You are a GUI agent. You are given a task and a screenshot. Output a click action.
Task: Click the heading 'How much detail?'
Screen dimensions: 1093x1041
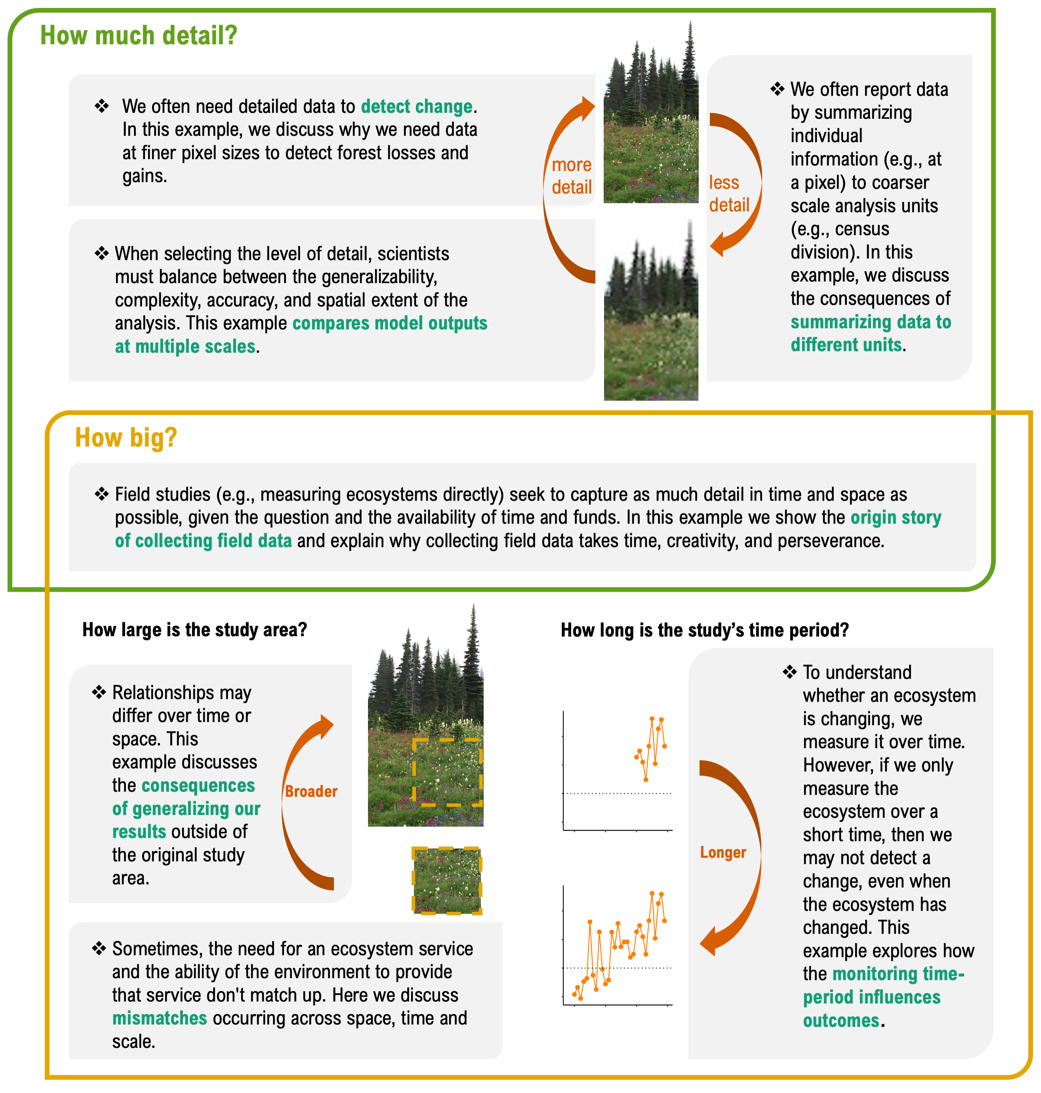tap(139, 36)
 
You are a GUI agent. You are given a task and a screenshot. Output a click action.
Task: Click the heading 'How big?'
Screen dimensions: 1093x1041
tap(126, 438)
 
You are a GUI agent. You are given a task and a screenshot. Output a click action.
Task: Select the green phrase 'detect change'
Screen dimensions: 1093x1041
tap(417, 107)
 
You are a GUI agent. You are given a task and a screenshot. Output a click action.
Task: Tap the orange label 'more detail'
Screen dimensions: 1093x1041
tap(572, 176)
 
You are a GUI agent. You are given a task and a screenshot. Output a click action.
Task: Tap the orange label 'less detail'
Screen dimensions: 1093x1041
tap(728, 194)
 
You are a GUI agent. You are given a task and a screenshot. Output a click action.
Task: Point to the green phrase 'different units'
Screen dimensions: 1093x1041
tap(846, 345)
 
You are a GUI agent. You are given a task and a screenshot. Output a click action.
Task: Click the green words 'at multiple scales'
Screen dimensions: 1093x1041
tap(185, 347)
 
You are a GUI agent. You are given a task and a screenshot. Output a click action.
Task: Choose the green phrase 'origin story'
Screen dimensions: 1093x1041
tap(896, 518)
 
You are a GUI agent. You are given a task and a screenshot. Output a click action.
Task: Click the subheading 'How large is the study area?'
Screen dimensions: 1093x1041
tap(194, 630)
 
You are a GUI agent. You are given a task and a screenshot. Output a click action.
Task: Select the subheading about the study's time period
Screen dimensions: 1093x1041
tap(704, 630)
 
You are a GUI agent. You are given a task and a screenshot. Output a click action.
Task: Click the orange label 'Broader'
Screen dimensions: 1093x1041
tap(311, 791)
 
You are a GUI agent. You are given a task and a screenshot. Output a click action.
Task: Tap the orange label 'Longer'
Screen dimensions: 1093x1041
tap(723, 852)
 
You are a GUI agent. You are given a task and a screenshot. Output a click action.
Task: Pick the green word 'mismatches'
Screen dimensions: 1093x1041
tap(159, 1019)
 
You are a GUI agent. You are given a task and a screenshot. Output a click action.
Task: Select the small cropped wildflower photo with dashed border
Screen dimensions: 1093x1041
tap(447, 880)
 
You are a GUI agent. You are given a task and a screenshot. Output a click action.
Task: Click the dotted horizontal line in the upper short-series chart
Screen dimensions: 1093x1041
tap(617, 793)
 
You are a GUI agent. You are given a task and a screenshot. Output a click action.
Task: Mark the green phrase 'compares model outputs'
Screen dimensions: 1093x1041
tap(389, 324)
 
